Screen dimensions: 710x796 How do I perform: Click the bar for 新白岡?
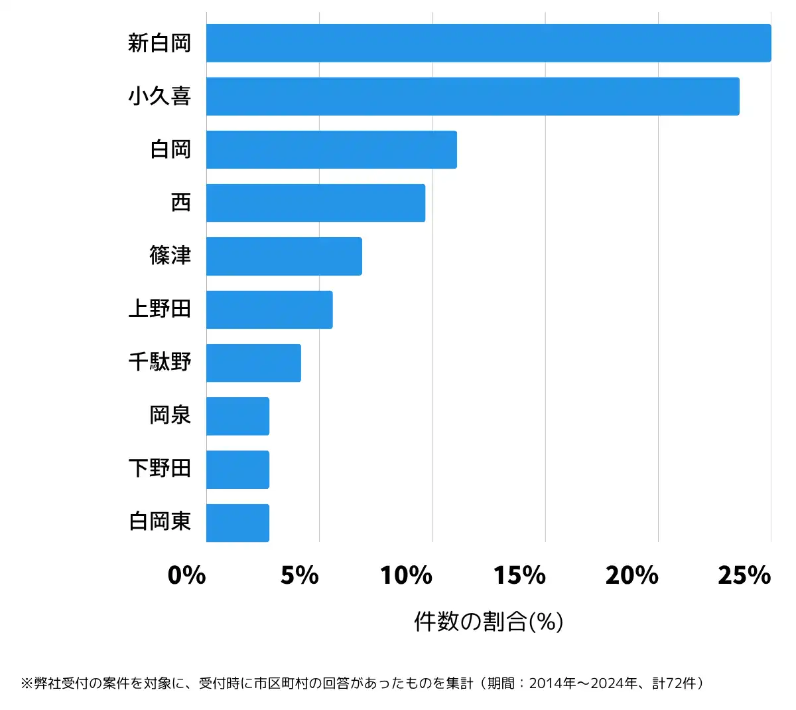click(488, 43)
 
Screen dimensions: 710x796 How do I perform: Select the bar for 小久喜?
click(472, 96)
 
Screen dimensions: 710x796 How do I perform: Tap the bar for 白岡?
click(331, 149)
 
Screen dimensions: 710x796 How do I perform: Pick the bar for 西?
click(315, 203)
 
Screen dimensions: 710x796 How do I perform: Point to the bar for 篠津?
click(284, 256)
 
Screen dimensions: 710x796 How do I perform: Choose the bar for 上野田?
click(269, 309)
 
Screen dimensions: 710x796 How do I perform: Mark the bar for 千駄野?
click(253, 363)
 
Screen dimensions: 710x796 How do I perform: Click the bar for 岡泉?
click(237, 416)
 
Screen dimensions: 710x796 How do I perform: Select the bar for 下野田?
click(237, 469)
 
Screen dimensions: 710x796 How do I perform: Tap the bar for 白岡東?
click(237, 522)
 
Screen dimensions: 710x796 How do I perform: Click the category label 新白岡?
click(159, 43)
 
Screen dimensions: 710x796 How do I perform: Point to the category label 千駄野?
click(159, 362)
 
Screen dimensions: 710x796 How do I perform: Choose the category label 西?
click(180, 203)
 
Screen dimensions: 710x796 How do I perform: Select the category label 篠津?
click(170, 256)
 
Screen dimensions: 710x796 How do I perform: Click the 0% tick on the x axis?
click(187, 575)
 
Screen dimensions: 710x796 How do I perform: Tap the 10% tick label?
click(406, 575)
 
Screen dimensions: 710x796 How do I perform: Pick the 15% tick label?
click(519, 575)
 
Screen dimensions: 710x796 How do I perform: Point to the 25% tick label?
click(744, 575)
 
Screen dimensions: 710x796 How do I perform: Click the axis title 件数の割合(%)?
click(488, 622)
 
